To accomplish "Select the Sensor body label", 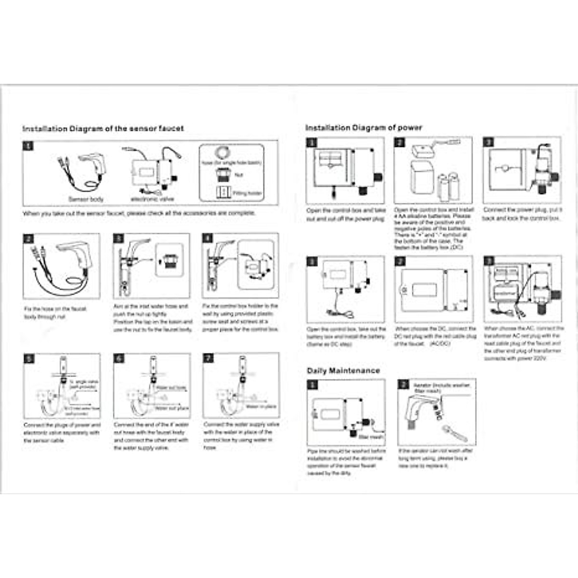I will (x=86, y=199).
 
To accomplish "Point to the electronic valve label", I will (x=152, y=199).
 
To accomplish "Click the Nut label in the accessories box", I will (x=239, y=175).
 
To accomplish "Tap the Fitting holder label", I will (x=248, y=193).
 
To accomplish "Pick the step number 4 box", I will (x=208, y=238).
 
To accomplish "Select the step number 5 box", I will (x=29, y=359).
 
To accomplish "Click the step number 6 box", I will (x=119, y=358).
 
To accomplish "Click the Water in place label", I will (x=261, y=407).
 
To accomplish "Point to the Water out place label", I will (x=171, y=408).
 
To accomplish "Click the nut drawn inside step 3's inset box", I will (x=169, y=261).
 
